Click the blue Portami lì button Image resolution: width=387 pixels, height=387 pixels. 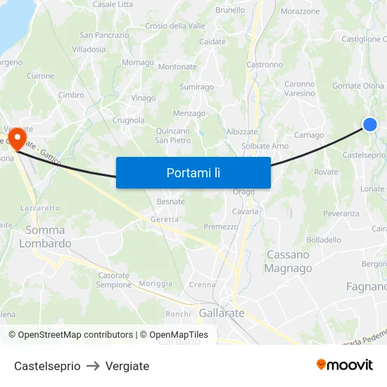193,172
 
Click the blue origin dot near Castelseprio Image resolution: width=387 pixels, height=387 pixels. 370,125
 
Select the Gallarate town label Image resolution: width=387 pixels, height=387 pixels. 222,312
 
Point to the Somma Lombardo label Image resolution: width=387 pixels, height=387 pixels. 45,236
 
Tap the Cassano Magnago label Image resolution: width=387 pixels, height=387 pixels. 288,261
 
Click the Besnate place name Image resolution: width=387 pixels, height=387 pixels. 170,201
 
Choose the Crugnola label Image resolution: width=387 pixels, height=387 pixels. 128,120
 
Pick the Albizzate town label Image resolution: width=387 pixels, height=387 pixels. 242,132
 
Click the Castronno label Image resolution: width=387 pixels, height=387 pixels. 265,64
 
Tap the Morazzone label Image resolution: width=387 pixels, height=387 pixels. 300,11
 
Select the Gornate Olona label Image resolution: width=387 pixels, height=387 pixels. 358,86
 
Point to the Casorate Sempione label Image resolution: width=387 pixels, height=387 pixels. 114,280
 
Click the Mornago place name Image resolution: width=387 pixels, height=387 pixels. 138,63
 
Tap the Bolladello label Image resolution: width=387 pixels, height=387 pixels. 324,239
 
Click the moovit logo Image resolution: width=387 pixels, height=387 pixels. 344,365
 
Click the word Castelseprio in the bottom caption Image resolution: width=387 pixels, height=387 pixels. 47,366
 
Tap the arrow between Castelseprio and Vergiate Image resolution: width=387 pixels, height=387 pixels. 93,366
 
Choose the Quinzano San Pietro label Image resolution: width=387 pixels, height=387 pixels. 173,135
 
